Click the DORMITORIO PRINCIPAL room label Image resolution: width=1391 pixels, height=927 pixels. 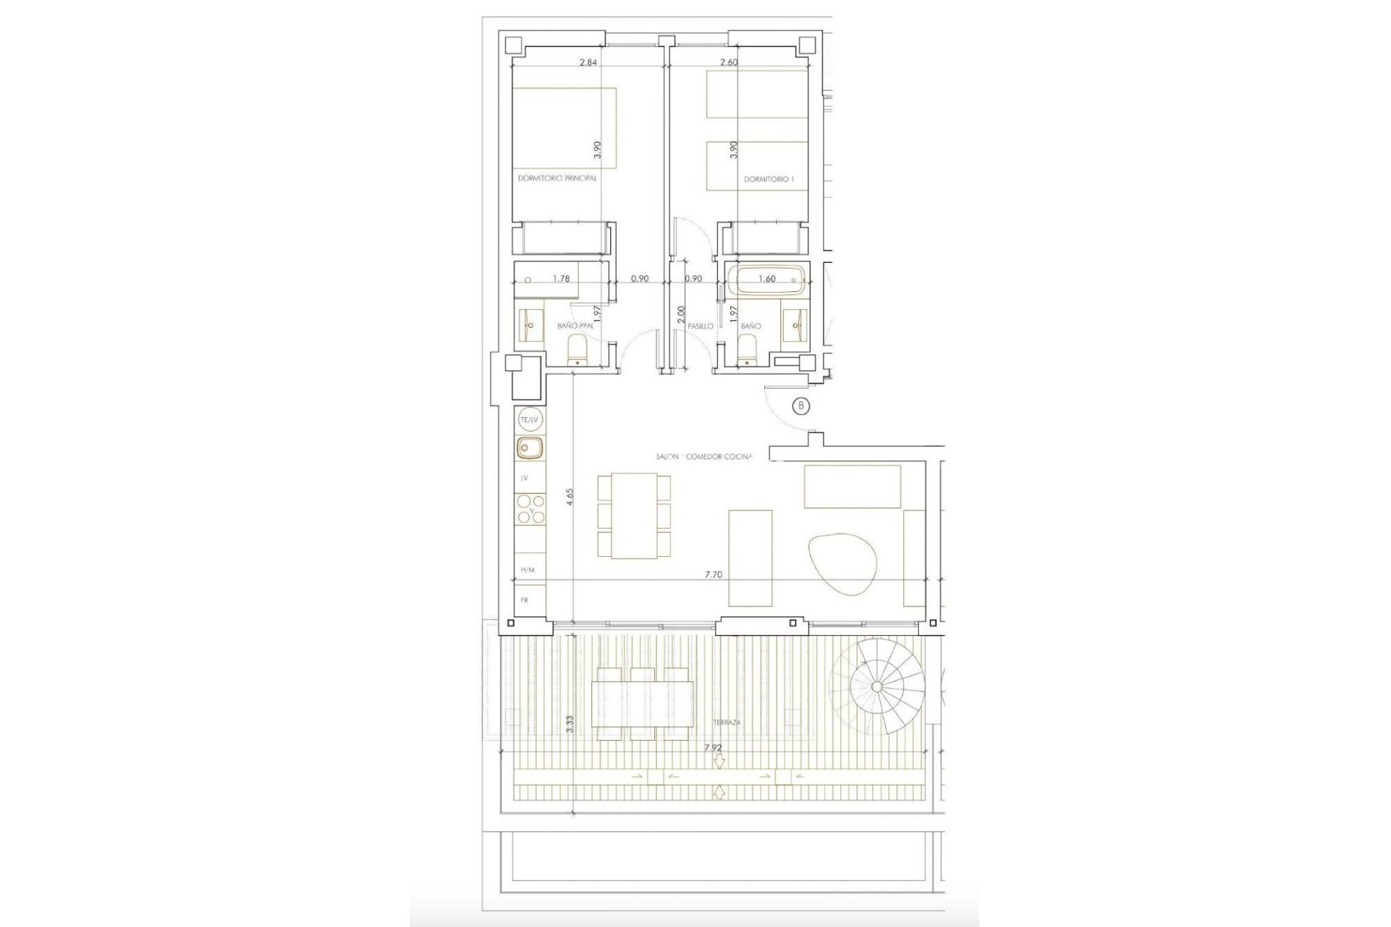[x=557, y=178]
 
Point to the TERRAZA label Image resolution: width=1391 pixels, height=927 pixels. [x=724, y=722]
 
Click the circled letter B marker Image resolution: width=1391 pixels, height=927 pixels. [x=801, y=406]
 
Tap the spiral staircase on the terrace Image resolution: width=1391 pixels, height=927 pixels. [x=877, y=686]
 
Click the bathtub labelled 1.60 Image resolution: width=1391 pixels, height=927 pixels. [x=766, y=279]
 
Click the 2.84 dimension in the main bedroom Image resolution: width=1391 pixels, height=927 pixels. [x=588, y=62]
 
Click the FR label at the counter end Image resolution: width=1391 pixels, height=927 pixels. [x=525, y=600]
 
